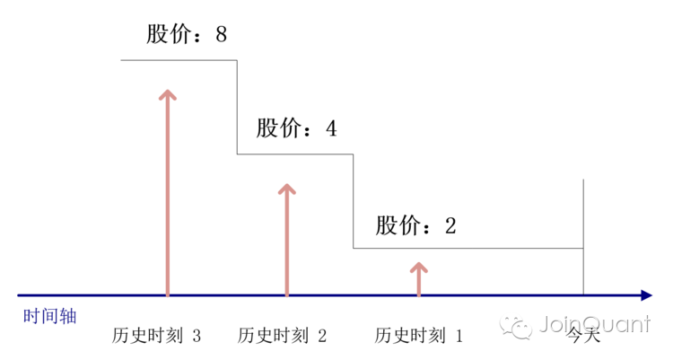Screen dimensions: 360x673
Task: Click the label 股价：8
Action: click(188, 35)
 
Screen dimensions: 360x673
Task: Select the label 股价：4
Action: click(297, 128)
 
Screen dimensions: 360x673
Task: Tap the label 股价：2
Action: click(416, 224)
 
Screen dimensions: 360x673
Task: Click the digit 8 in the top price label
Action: click(221, 35)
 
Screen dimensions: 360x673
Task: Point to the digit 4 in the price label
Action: click(331, 128)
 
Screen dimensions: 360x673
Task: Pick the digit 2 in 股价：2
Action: click(450, 224)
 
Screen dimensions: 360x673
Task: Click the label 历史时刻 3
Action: click(157, 337)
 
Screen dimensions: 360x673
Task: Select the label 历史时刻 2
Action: click(283, 337)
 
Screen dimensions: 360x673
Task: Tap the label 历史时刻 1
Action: click(420, 337)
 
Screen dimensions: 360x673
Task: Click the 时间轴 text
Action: click(49, 317)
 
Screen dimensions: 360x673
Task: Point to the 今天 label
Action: click(583, 338)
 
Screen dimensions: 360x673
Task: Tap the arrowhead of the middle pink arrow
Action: click(286, 190)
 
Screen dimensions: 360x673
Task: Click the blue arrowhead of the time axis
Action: click(645, 294)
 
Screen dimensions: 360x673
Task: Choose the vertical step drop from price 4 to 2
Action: click(353, 201)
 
